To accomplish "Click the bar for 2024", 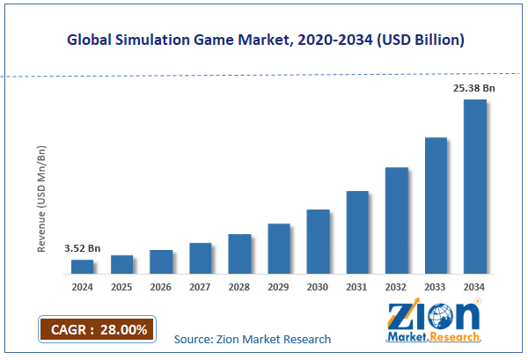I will (82, 266).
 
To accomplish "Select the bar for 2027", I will (201, 258).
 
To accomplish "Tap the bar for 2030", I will (318, 241).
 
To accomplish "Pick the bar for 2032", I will (397, 220).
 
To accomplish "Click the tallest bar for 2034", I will (475, 187).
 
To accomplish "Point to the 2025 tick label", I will (121, 287).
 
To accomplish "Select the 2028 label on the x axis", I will (239, 287).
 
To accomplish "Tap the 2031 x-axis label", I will (357, 287).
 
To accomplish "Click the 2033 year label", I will (436, 287).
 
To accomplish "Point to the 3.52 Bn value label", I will (82, 249).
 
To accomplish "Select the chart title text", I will (264, 40).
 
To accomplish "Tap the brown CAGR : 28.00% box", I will (97, 329).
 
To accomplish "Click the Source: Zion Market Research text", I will (253, 339).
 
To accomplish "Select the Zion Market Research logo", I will (433, 323).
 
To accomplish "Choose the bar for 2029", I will (279, 248).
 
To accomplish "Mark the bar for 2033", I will (436, 205).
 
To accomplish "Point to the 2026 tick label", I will (161, 287).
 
